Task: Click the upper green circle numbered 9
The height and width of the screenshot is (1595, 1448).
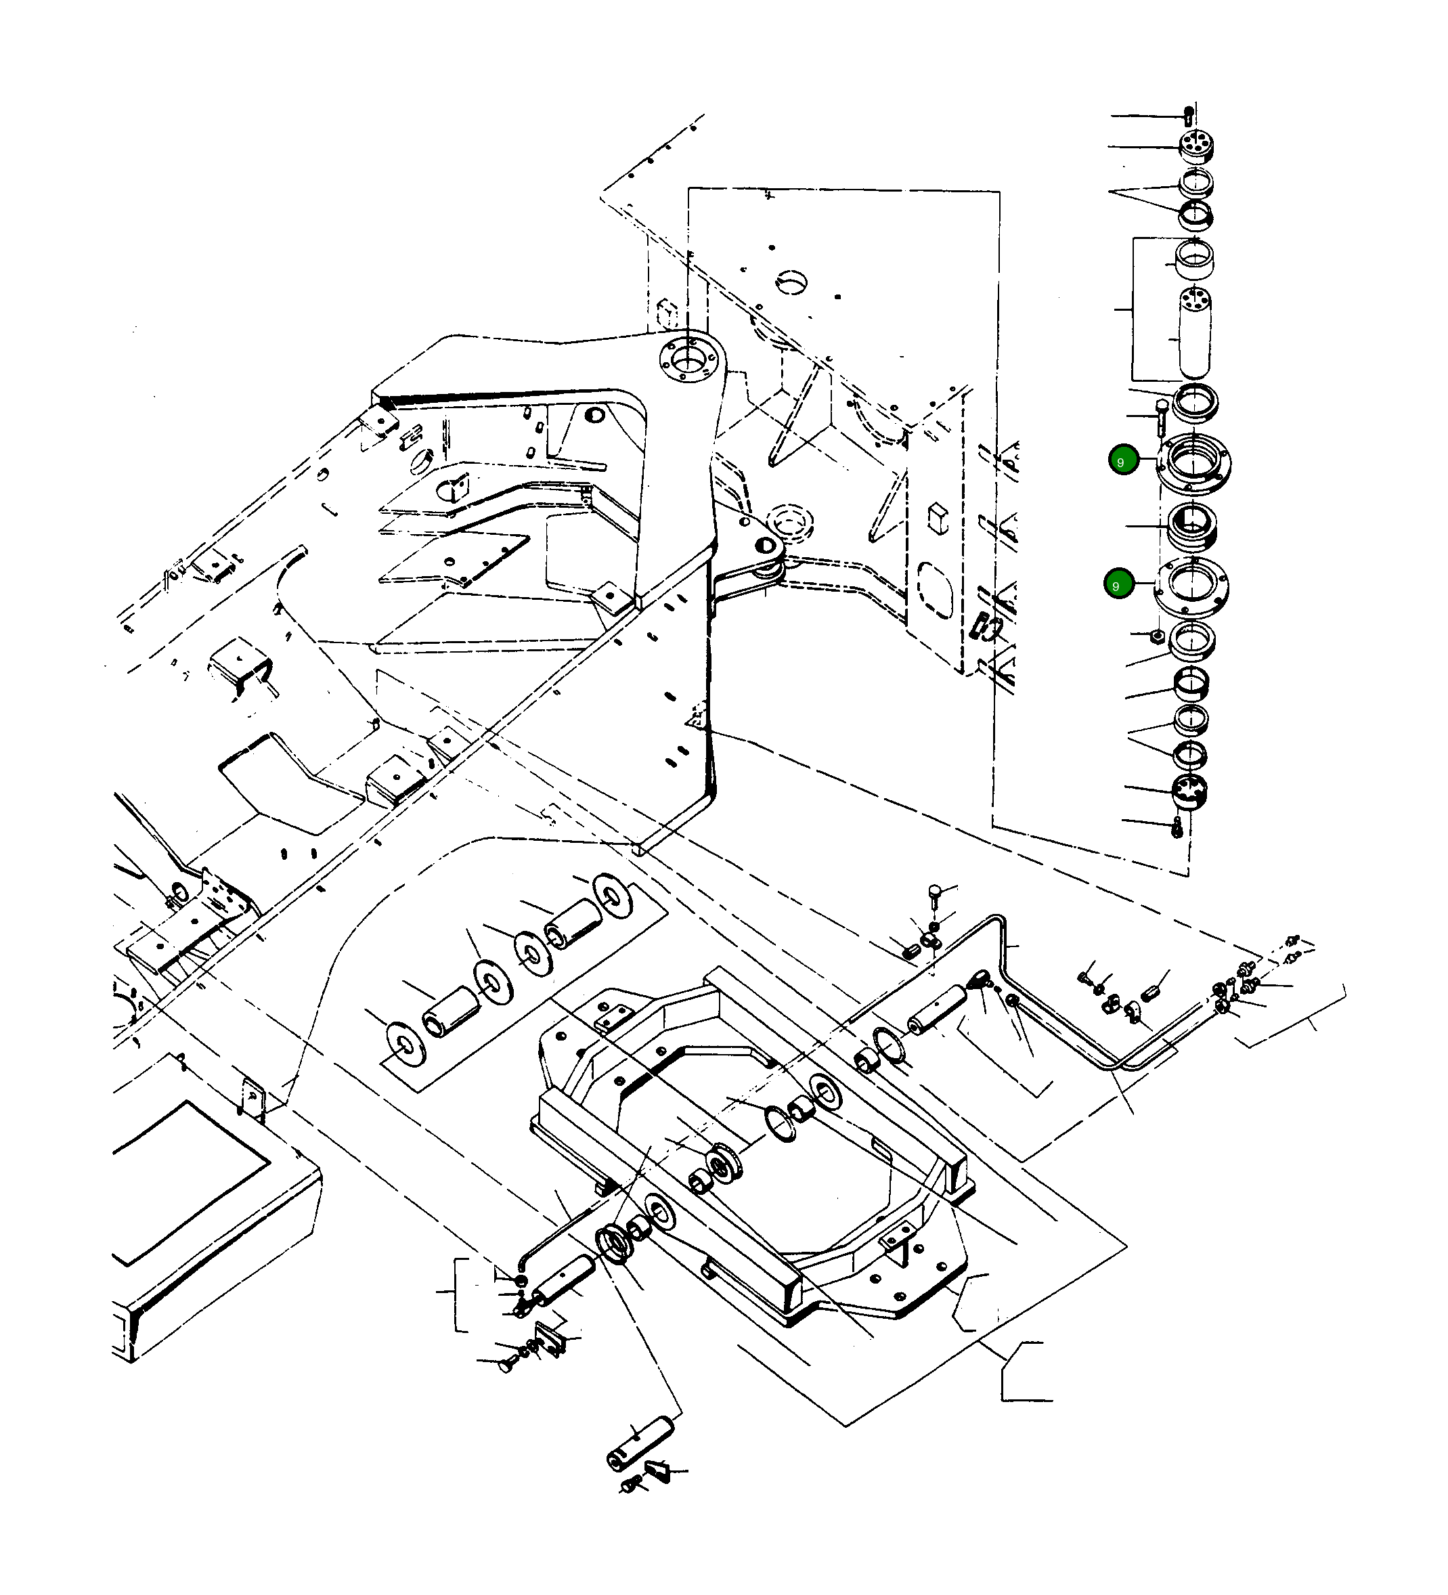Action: pos(1124,460)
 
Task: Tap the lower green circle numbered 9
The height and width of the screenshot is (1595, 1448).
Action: pos(1119,585)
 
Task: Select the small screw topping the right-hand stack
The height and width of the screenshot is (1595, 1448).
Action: pos(1189,116)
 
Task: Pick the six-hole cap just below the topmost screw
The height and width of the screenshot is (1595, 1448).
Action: pos(1195,146)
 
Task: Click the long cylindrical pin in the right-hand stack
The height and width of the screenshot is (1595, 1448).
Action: pos(1195,332)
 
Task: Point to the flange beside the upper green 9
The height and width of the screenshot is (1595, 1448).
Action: pos(1194,464)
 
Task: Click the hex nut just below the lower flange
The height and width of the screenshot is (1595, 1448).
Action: pos(1156,634)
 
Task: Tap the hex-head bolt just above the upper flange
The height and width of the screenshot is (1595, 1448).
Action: pos(1162,416)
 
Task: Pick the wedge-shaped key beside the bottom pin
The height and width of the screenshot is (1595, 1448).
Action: pos(657,1470)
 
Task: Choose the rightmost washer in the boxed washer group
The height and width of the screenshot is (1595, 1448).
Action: pos(613,896)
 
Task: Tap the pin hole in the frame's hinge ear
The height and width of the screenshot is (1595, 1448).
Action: pos(764,545)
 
